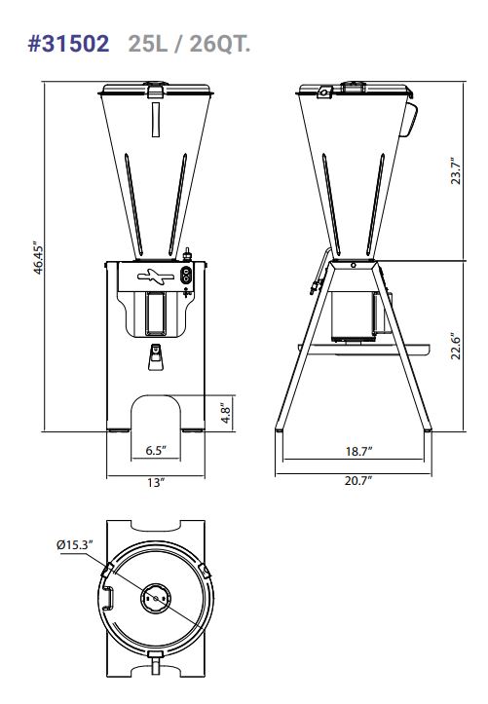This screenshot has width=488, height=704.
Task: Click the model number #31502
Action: point(69,44)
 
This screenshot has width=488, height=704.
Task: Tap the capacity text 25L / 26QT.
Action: point(189,44)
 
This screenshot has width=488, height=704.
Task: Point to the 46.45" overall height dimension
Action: point(39,259)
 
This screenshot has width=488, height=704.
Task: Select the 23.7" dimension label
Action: point(456,170)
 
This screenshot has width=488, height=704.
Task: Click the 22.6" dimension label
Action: point(456,346)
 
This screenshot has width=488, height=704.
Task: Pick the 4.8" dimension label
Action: point(226,413)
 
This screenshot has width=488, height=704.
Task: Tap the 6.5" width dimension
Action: point(156,450)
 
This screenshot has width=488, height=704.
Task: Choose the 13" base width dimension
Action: point(155,483)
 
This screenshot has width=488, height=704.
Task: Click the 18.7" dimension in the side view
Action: point(358,451)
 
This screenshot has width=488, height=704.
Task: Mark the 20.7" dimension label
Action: point(358,480)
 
